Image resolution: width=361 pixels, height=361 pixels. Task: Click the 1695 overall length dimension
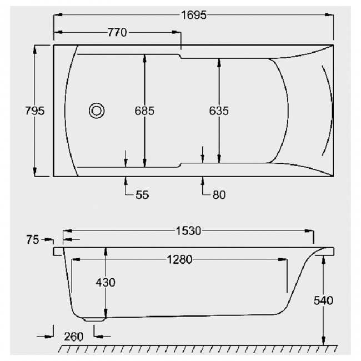tap(193, 15)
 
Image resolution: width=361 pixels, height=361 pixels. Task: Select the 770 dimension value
tap(117, 33)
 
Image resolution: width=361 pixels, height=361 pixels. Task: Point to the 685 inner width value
tap(144, 111)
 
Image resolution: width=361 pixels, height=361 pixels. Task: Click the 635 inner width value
tap(219, 111)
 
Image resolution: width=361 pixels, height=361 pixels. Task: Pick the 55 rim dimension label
tap(142, 195)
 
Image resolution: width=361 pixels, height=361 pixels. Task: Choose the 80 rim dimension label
tap(218, 195)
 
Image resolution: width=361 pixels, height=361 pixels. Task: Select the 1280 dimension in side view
tap(178, 260)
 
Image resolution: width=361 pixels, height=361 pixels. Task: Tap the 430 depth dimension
tap(106, 283)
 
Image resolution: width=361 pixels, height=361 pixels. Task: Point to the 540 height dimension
tap(323, 300)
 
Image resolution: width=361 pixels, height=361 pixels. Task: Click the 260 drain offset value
tap(74, 336)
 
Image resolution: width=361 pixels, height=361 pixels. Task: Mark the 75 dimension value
tap(33, 240)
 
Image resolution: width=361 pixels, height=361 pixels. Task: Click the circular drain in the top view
tap(97, 111)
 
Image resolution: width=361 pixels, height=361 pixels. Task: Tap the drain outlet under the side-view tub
tap(95, 319)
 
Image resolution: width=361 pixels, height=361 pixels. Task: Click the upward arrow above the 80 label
tap(203, 180)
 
